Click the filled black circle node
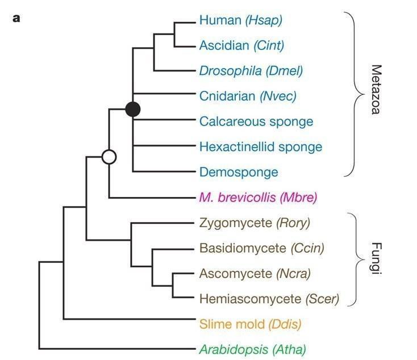133,109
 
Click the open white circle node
109,157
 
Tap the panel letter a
16,19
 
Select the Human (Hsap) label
241,20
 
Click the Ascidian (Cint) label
241,45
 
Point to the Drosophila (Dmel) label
251,71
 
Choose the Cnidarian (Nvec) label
248,96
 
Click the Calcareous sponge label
256,122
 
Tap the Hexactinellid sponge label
261,146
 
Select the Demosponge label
239,172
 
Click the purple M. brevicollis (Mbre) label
258,198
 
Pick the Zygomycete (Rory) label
255,223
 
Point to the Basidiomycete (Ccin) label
262,248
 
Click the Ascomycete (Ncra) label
255,274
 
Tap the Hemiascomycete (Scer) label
269,299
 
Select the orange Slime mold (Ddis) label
250,324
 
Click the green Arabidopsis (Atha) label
253,349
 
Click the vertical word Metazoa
376,89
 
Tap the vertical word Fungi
376,258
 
